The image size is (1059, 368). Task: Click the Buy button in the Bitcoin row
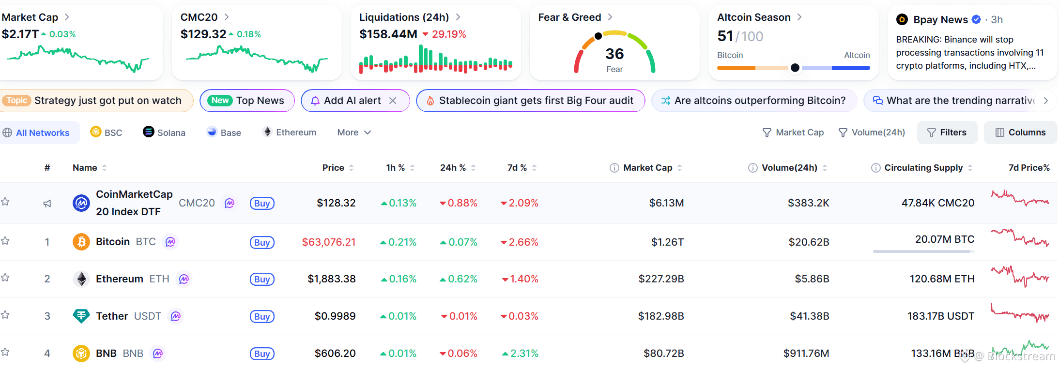pyautogui.click(x=262, y=242)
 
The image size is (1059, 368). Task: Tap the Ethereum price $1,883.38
pyautogui.click(x=332, y=279)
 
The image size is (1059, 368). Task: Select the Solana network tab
pyautogui.click(x=164, y=132)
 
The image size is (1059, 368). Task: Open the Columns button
pyautogui.click(x=1020, y=132)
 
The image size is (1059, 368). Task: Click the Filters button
pyautogui.click(x=947, y=132)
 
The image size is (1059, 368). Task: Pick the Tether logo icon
pyautogui.click(x=81, y=316)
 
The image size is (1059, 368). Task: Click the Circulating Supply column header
pyautogui.click(x=923, y=168)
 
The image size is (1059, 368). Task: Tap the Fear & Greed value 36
pyautogui.click(x=614, y=54)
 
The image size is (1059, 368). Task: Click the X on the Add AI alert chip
pyautogui.click(x=393, y=101)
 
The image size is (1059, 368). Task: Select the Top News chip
pyautogui.click(x=247, y=101)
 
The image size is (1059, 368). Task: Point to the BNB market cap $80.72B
pyautogui.click(x=663, y=353)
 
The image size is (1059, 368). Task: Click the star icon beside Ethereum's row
pyautogui.click(x=5, y=278)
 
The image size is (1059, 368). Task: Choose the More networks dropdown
pyautogui.click(x=354, y=132)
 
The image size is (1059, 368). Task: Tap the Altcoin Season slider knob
pyautogui.click(x=795, y=68)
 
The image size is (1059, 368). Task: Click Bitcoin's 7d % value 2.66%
pyautogui.click(x=520, y=242)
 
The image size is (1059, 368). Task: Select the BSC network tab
pyautogui.click(x=106, y=132)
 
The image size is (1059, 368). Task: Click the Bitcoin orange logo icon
pyautogui.click(x=81, y=242)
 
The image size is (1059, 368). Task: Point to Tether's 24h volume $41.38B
pyautogui.click(x=810, y=316)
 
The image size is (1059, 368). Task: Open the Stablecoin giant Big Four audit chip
pyautogui.click(x=531, y=101)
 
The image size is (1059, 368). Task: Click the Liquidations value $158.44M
pyautogui.click(x=388, y=34)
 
